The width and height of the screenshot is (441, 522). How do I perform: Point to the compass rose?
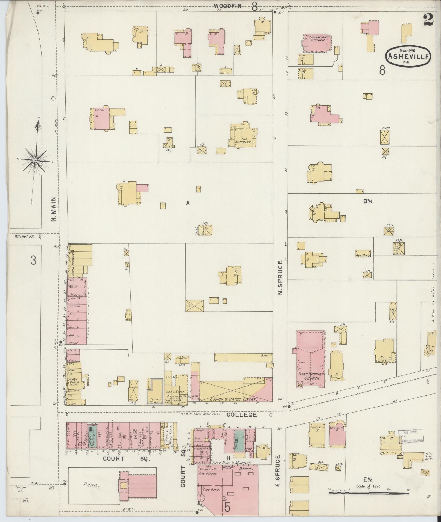pyautogui.click(x=35, y=161)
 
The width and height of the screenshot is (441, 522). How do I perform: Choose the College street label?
pyautogui.click(x=242, y=423)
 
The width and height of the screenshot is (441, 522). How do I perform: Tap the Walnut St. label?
pyautogui.click(x=22, y=237)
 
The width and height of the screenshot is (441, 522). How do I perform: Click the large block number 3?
pyautogui.click(x=33, y=261)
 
